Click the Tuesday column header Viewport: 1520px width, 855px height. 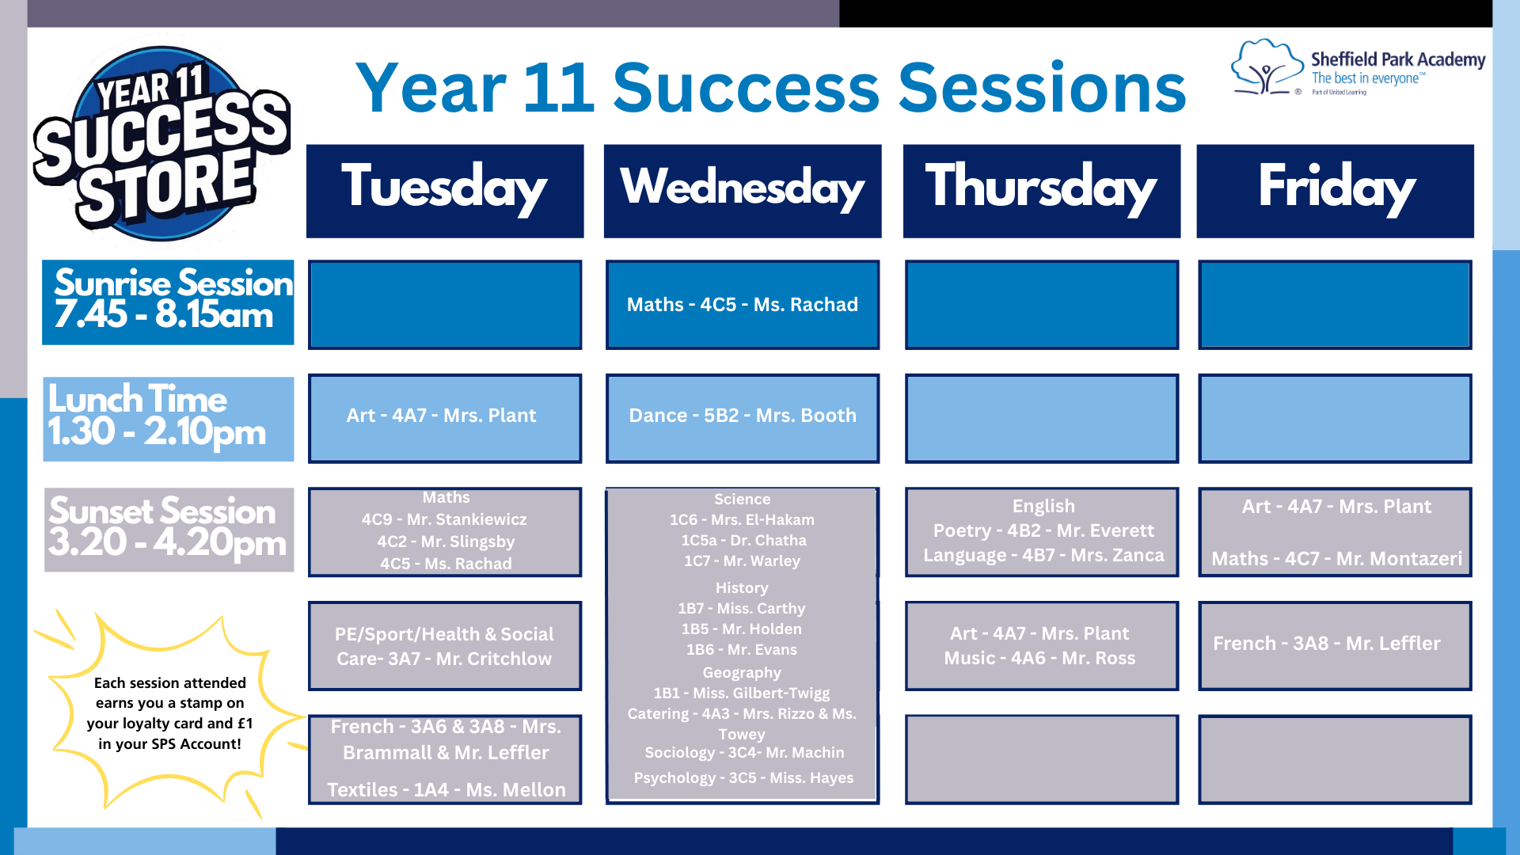(x=445, y=191)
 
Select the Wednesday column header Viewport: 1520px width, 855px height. (x=743, y=191)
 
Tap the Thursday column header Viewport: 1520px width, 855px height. (x=1042, y=191)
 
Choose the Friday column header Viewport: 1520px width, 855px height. (x=1336, y=191)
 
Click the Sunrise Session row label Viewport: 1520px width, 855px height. (x=168, y=302)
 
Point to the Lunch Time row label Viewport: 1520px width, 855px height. (x=169, y=419)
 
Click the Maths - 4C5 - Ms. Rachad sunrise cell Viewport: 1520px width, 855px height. (x=743, y=305)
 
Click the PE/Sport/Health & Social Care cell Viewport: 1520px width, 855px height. (x=445, y=646)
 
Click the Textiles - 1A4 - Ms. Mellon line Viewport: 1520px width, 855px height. (x=446, y=790)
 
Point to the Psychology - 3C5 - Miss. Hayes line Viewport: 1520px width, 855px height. (x=743, y=778)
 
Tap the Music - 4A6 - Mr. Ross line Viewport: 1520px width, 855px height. (x=1039, y=658)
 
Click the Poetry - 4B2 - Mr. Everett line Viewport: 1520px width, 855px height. (x=1043, y=530)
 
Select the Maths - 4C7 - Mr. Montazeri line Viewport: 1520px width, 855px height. (x=1336, y=559)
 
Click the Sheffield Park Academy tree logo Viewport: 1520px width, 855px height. (x=1267, y=67)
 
